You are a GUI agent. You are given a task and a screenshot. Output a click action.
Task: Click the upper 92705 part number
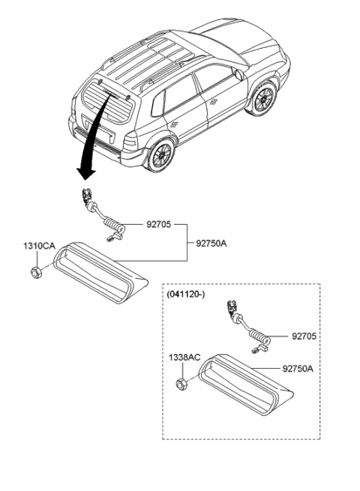pos(139,223)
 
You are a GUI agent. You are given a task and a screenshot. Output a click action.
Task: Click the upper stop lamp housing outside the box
pos(100,273)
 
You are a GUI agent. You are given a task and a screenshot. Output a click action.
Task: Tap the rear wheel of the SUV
pos(159,155)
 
